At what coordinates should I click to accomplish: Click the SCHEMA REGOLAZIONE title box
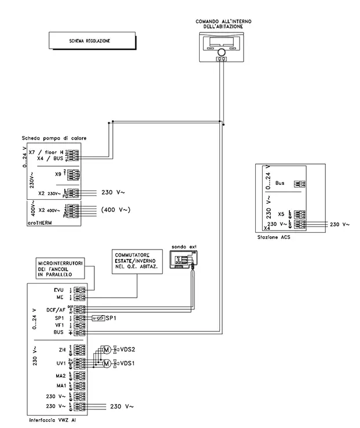pos(89,42)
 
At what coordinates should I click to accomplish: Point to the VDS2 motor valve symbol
pos(106,350)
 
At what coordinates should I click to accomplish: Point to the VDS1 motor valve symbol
pos(106,364)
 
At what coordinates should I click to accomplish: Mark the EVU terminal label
pos(58,290)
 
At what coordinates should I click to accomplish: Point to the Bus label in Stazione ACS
pos(280,183)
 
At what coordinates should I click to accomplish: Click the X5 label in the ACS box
pos(281,214)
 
